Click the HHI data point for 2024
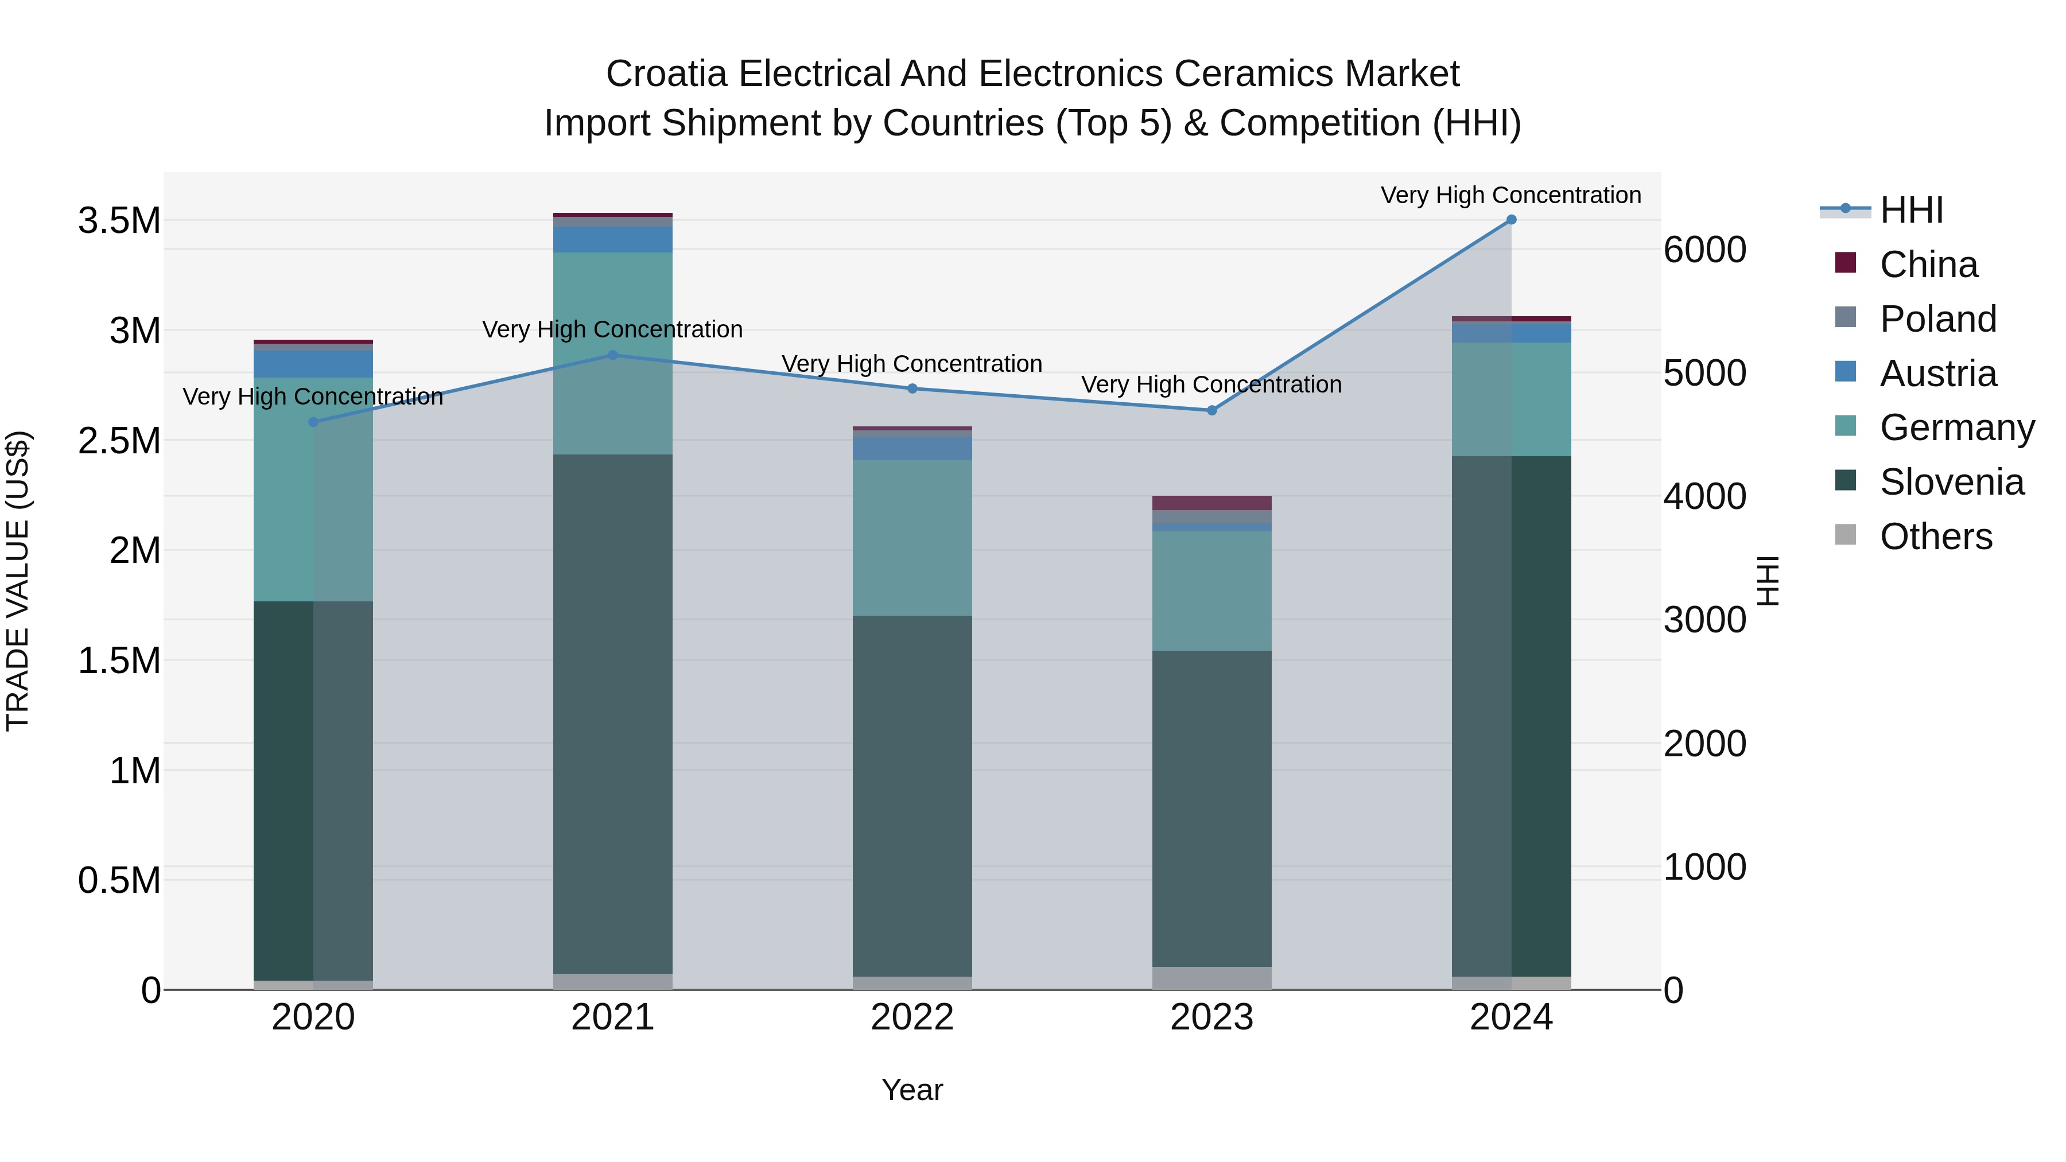pyautogui.click(x=1511, y=220)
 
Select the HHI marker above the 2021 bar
pyautogui.click(x=613, y=355)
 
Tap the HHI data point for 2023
pyautogui.click(x=1212, y=411)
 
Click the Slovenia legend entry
pyautogui.click(x=1951, y=482)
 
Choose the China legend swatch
pyautogui.click(x=1846, y=263)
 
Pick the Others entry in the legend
pyautogui.click(x=1935, y=537)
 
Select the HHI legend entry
pyautogui.click(x=1911, y=210)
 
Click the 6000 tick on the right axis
pyautogui.click(x=1704, y=250)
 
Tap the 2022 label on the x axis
pyautogui.click(x=912, y=1017)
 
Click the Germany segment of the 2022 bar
pyautogui.click(x=912, y=537)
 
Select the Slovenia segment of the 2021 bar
pyautogui.click(x=613, y=714)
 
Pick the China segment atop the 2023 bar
pyautogui.click(x=1212, y=503)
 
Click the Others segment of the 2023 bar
pyautogui.click(x=1212, y=978)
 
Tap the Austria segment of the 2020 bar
pyautogui.click(x=313, y=364)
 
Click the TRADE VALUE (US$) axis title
pyautogui.click(x=18, y=581)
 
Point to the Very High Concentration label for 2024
pyautogui.click(x=1511, y=195)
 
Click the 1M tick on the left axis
pyautogui.click(x=135, y=771)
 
